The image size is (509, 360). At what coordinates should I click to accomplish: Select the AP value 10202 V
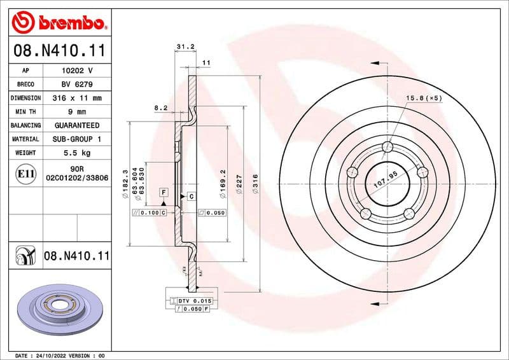point(76,71)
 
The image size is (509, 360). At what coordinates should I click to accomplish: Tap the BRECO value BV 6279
point(76,85)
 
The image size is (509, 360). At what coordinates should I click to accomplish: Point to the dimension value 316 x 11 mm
point(76,99)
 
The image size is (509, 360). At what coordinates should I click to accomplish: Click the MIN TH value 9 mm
point(76,112)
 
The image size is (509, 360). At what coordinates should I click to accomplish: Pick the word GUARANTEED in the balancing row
point(76,125)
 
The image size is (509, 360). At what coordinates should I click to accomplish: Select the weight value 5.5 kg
point(76,153)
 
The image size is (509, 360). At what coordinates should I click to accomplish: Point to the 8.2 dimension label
point(160,108)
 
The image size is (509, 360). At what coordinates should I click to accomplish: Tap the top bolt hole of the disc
point(387,148)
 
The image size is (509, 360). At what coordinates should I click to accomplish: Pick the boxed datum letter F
point(164,191)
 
